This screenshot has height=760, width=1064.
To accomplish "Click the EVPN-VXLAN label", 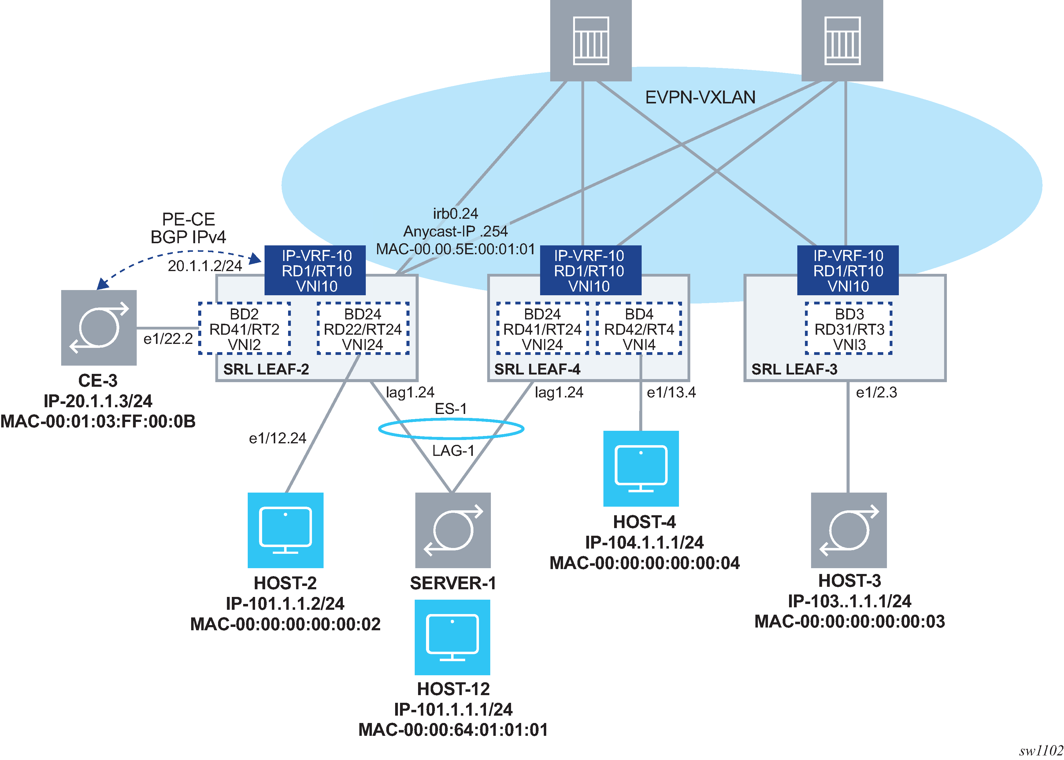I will click(x=700, y=97).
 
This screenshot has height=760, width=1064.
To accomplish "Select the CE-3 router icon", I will click(x=99, y=328).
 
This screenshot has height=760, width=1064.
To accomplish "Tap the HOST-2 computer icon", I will click(x=285, y=530).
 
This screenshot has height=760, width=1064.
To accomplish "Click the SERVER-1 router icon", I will click(x=453, y=530).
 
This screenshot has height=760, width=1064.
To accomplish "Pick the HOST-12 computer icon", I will click(x=452, y=637).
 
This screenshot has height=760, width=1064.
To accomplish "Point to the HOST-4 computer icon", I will click(x=641, y=468).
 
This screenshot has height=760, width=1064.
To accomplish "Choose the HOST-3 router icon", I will click(x=848, y=530).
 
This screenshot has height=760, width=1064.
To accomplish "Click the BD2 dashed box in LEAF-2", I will click(x=244, y=329).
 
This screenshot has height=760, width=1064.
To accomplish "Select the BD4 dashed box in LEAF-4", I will click(x=639, y=329).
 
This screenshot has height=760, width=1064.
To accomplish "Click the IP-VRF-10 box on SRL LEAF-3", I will click(x=847, y=270).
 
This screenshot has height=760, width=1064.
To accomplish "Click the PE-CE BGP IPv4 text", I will click(x=188, y=228).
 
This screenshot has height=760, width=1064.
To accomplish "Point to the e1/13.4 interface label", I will click(x=671, y=392).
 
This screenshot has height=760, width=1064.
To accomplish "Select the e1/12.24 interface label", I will click(x=277, y=438).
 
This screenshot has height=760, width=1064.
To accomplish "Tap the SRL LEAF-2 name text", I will click(x=266, y=369).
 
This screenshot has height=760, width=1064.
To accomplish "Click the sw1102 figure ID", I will click(x=1041, y=751).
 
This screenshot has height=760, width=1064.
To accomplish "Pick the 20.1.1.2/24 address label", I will click(x=205, y=266).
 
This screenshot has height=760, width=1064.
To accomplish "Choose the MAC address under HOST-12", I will click(x=453, y=730).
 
